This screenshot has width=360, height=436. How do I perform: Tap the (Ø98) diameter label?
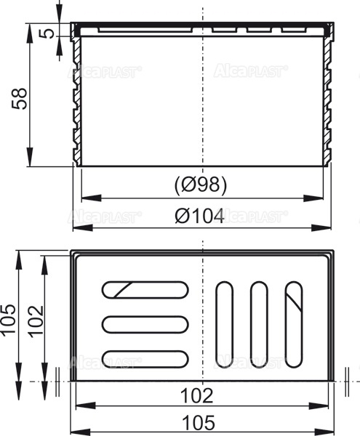point(201,185)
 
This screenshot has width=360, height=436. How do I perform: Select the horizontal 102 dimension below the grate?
point(197,395)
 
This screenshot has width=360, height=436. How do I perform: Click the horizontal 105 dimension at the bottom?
point(197,421)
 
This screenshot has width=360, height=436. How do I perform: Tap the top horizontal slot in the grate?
point(144,289)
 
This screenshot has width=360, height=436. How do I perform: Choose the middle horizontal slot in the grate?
point(144,323)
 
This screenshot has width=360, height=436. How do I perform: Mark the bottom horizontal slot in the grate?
point(144,358)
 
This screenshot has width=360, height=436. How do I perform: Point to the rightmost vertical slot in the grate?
point(292,323)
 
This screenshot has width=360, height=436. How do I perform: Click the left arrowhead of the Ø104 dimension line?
point(77,229)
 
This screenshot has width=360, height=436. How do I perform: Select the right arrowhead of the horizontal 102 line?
point(326,405)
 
